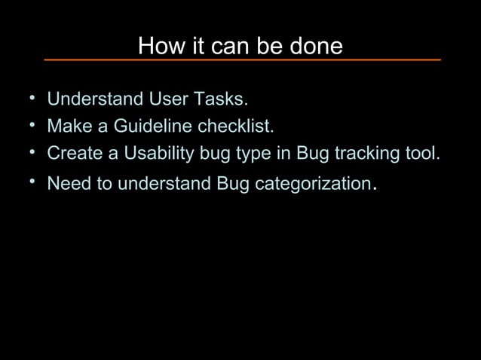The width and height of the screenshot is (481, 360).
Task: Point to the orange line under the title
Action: (x=241, y=59)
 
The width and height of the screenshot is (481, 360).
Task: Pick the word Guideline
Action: (x=153, y=126)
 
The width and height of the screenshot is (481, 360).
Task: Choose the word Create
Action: (x=75, y=153)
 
